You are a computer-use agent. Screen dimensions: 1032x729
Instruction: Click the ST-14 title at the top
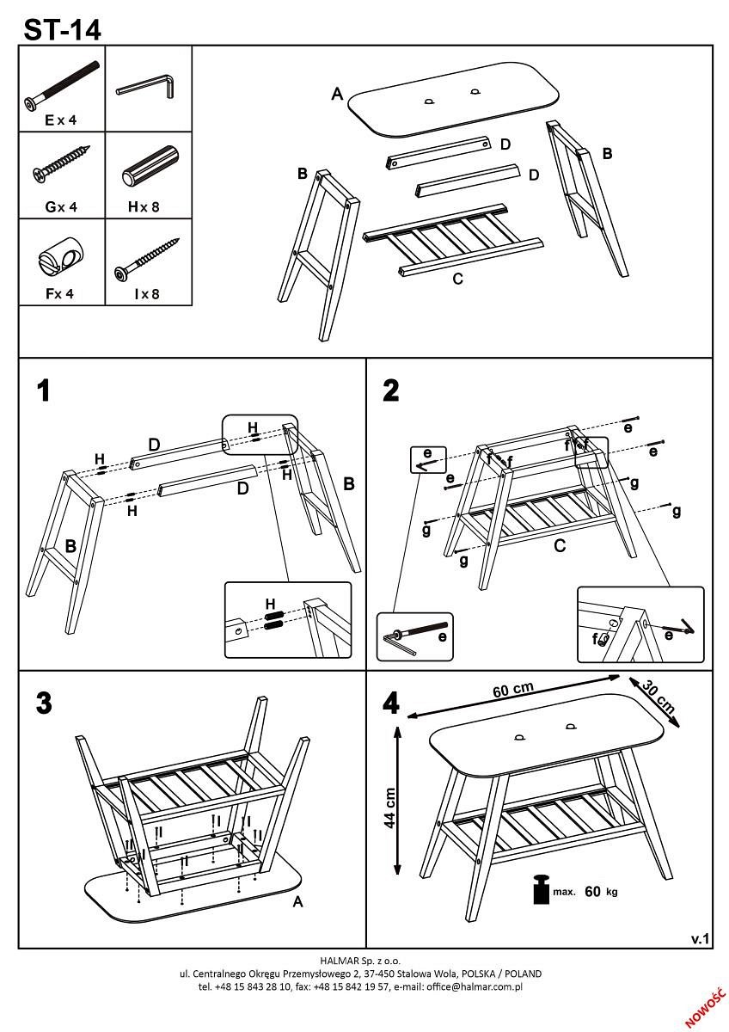[x=62, y=29]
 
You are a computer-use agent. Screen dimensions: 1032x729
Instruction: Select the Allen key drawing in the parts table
[x=147, y=85]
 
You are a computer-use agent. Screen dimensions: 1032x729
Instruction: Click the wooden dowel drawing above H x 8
[x=149, y=167]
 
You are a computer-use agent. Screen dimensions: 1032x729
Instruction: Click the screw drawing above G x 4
[x=61, y=165]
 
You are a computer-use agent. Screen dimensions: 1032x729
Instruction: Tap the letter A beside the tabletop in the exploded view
[x=337, y=95]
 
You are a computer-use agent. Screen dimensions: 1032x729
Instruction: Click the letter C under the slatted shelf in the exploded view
[x=457, y=279]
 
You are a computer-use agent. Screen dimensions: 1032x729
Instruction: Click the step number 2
[x=391, y=391]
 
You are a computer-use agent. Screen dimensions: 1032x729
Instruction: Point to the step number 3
[x=44, y=703]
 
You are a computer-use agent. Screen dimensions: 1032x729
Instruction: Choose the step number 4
[x=391, y=703]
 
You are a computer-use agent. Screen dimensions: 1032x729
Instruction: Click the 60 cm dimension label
[x=513, y=691]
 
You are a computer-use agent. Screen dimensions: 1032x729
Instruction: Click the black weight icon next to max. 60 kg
[x=541, y=889]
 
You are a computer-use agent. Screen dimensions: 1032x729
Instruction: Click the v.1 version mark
[x=701, y=939]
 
